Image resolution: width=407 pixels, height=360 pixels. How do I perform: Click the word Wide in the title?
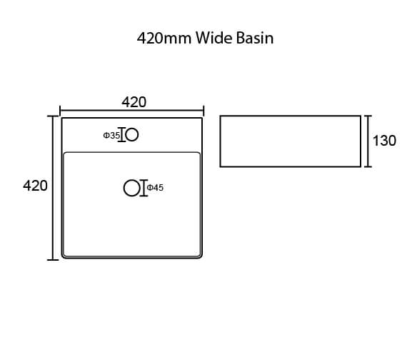click(x=214, y=38)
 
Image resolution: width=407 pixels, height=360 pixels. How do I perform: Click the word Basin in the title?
click(x=255, y=38)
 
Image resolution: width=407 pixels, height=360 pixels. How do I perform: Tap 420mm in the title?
click(x=164, y=38)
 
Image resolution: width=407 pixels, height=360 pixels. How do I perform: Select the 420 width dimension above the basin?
click(x=134, y=102)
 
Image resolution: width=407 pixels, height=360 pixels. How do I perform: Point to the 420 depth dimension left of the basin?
click(x=35, y=186)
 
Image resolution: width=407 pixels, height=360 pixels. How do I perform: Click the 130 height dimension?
click(x=384, y=141)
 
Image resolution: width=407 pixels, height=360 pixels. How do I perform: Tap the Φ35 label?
click(x=111, y=135)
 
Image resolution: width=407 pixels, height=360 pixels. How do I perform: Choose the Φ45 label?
click(x=155, y=188)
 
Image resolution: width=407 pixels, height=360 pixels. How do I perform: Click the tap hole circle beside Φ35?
click(x=132, y=135)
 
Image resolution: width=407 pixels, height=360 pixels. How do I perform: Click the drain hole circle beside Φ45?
click(x=132, y=188)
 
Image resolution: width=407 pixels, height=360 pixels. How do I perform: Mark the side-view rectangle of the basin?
click(x=291, y=141)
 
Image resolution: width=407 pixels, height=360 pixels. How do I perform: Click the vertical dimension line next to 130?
click(x=368, y=141)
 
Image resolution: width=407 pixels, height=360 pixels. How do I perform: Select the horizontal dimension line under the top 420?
click(x=132, y=111)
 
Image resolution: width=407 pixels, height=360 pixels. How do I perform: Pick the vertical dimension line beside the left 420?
click(x=53, y=188)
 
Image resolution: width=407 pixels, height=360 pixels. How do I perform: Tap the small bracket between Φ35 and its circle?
click(x=121, y=135)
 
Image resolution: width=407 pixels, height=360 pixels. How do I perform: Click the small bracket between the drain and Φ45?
click(x=144, y=188)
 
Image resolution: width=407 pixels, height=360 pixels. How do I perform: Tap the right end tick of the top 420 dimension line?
click(x=203, y=111)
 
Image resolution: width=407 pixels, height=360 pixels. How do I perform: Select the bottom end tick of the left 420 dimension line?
click(x=53, y=260)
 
